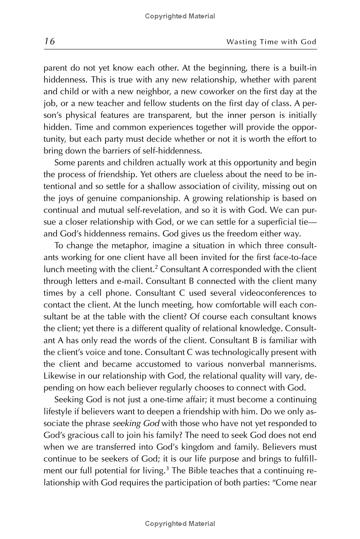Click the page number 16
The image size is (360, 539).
49,42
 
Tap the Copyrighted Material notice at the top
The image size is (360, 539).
180,16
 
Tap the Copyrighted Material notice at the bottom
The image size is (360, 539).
180,523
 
